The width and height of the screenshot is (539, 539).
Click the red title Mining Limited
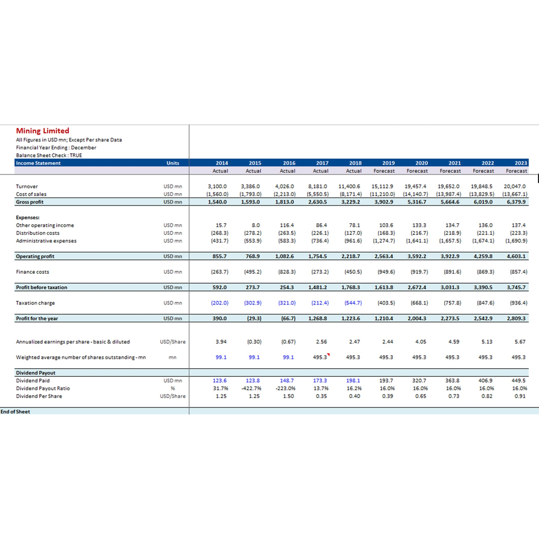point(43,130)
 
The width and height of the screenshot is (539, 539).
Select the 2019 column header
point(389,163)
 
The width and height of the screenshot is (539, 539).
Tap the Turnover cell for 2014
point(217,186)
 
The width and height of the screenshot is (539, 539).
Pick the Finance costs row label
point(32,272)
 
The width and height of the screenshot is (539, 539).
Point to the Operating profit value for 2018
point(351,256)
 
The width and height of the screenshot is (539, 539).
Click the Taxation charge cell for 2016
point(287,303)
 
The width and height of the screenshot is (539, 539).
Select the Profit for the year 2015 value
point(254,319)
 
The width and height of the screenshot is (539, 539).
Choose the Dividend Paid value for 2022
point(485,381)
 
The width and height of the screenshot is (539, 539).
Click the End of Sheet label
point(15,411)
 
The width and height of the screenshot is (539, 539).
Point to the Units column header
point(172,163)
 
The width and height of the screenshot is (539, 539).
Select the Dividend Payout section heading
point(36,372)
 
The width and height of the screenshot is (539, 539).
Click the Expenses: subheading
point(27,218)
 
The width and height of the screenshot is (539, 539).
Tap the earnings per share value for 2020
point(420,342)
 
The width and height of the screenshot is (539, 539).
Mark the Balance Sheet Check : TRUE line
point(49,155)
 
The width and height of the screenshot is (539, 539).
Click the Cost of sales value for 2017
point(317,194)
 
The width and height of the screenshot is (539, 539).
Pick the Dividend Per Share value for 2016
point(288,396)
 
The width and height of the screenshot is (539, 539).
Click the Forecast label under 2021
point(450,171)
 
